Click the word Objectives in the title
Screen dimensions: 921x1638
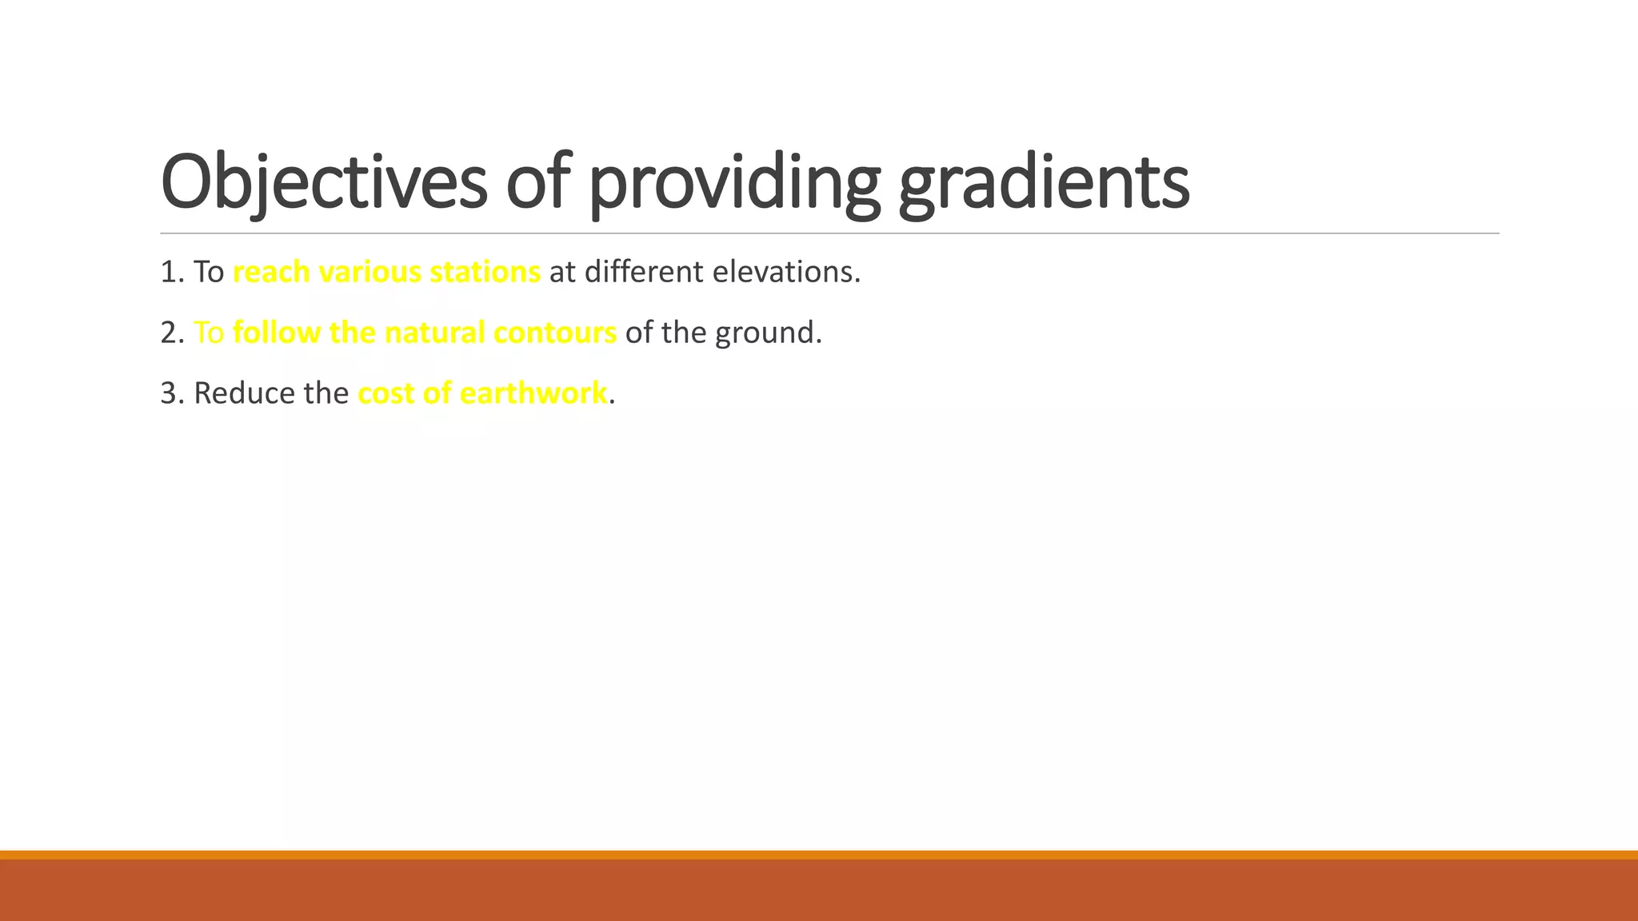tap(323, 182)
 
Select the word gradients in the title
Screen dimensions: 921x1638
tap(1044, 182)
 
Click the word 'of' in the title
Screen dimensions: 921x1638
tap(538, 182)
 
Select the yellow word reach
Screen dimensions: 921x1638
tap(271, 273)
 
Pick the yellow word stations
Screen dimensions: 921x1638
tap(485, 273)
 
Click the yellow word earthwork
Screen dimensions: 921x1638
tap(533, 394)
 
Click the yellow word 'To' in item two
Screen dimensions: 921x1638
tap(209, 333)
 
